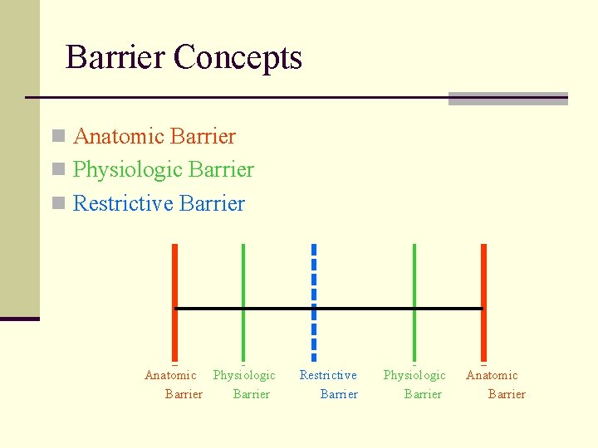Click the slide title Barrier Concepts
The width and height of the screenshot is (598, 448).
click(x=184, y=57)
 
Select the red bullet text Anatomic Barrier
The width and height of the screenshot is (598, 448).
click(x=154, y=136)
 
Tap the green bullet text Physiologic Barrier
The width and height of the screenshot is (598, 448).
click(x=164, y=169)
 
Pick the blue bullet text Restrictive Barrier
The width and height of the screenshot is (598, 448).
click(x=159, y=203)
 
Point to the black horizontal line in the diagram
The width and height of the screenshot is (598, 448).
click(x=365, y=309)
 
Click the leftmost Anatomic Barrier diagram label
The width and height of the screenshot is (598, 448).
click(x=173, y=384)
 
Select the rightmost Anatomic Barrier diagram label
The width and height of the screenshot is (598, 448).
click(x=495, y=384)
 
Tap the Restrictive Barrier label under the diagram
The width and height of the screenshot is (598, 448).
click(x=329, y=384)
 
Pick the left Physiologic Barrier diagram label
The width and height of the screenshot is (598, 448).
click(x=244, y=384)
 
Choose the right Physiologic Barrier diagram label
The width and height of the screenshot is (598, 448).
click(x=415, y=384)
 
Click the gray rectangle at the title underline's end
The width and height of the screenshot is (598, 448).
click(x=507, y=99)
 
